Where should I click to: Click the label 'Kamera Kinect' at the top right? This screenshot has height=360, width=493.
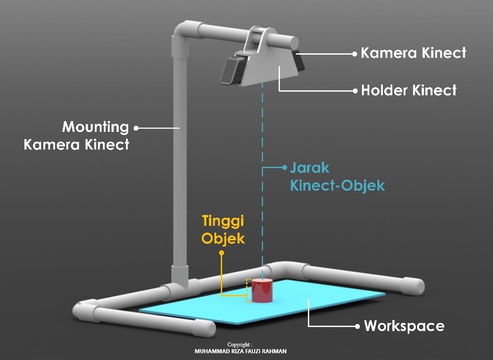(x=413, y=53)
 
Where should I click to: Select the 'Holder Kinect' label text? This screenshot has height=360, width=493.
(x=409, y=90)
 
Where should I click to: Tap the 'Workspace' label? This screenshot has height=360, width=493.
(x=404, y=326)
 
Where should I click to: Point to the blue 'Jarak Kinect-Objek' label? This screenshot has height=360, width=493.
(x=337, y=177)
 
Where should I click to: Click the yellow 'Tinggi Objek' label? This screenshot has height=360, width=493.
(x=223, y=229)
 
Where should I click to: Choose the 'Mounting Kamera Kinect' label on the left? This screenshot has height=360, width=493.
(x=77, y=136)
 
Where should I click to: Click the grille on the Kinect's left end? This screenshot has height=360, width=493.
(x=230, y=70)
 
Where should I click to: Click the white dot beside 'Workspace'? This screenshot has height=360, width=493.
(x=358, y=326)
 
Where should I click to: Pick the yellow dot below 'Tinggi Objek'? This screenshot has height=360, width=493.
(x=221, y=253)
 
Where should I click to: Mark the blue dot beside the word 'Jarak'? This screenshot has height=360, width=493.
(x=284, y=168)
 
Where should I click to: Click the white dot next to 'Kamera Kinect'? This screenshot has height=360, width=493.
(x=355, y=53)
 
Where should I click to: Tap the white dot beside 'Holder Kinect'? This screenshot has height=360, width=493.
(x=355, y=91)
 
